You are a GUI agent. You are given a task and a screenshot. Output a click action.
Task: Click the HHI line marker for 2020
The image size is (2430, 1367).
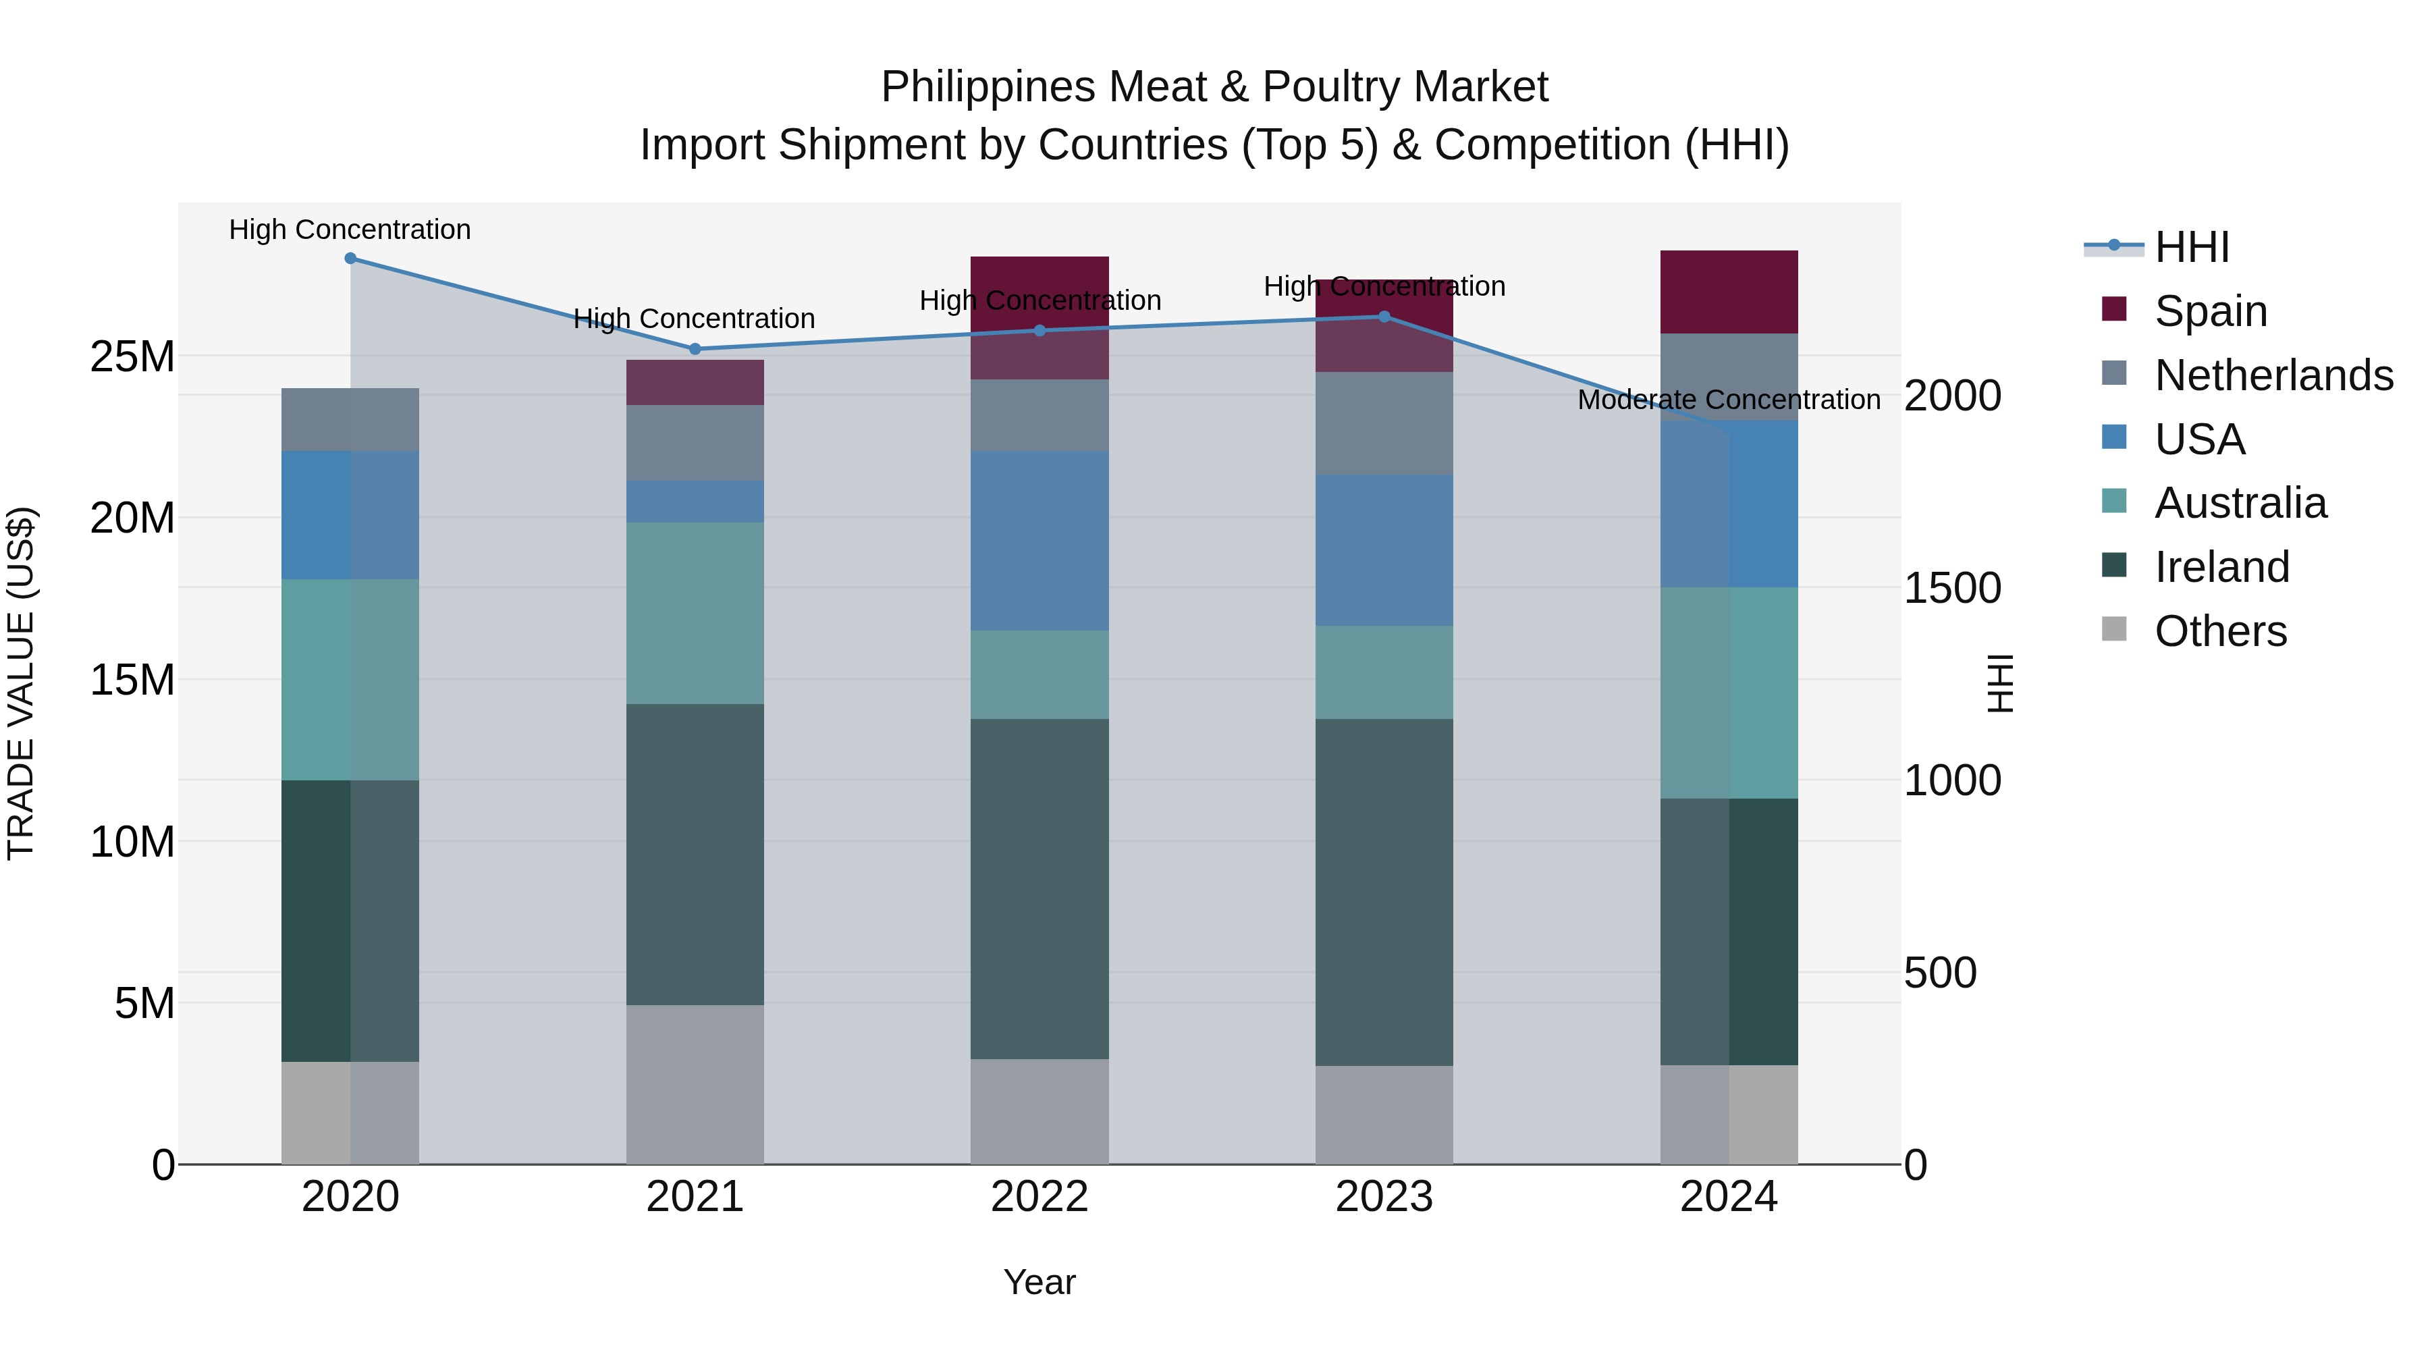point(350,259)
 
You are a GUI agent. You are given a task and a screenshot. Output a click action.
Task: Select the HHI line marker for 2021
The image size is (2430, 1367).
point(695,349)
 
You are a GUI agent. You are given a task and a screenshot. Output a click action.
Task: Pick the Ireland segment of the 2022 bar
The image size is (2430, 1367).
point(1039,888)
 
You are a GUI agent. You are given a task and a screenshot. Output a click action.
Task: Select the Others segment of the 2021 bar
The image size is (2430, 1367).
point(695,1084)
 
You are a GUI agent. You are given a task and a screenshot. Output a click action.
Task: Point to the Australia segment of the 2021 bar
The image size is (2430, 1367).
point(695,613)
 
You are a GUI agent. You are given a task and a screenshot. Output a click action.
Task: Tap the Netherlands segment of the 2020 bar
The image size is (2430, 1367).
point(350,420)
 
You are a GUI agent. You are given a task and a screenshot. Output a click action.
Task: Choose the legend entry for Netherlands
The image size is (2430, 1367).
point(2273,375)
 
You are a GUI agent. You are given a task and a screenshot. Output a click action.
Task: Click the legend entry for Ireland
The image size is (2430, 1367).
point(2221,567)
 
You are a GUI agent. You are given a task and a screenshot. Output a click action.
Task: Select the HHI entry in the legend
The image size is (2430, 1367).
point(2191,247)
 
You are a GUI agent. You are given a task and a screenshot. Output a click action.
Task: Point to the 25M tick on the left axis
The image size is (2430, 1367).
point(132,356)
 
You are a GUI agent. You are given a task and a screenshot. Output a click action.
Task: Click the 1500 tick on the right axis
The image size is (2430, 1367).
point(1951,588)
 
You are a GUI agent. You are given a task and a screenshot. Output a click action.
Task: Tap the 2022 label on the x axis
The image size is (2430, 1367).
point(1039,1197)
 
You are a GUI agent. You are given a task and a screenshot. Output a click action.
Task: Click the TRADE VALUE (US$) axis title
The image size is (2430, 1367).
point(21,683)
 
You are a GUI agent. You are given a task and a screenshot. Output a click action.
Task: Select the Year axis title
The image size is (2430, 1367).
point(1039,1282)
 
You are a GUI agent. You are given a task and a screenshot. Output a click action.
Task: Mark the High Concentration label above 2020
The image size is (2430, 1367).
point(350,230)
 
